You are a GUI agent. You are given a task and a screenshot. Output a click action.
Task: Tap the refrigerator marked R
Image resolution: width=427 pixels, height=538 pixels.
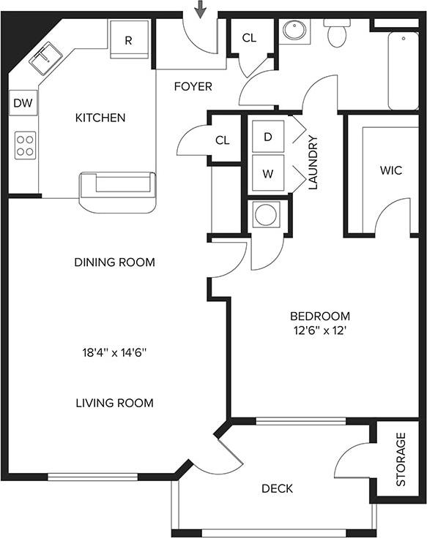point(128,39)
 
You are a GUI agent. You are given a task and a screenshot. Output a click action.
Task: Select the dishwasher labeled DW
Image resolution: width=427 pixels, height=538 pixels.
point(23,104)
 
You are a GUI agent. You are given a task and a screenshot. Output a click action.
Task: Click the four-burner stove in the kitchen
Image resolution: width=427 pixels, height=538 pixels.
point(26,144)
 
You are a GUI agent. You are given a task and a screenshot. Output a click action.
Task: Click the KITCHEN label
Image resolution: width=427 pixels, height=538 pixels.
point(100,118)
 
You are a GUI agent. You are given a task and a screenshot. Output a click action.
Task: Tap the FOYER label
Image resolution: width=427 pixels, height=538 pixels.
point(193,87)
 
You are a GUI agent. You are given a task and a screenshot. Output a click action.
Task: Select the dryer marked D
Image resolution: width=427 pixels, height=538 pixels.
point(267,137)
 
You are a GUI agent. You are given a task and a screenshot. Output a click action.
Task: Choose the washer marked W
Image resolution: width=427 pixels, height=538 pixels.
point(267,175)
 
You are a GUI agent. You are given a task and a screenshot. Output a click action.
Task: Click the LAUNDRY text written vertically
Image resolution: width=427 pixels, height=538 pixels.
point(313,162)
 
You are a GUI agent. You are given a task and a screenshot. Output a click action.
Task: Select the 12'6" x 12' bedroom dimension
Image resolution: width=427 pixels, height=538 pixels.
point(320,330)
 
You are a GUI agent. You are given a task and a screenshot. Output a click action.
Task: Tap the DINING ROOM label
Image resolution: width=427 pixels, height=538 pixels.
point(114,262)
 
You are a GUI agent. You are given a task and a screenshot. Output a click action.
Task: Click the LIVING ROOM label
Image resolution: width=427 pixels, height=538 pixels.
point(114,403)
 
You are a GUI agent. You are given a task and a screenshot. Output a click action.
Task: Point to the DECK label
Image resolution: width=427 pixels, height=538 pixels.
point(277,488)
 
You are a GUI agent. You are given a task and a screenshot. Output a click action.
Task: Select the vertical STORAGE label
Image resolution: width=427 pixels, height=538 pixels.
point(401,460)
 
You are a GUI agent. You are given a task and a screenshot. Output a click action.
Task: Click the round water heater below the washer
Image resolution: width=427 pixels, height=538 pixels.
point(264,215)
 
